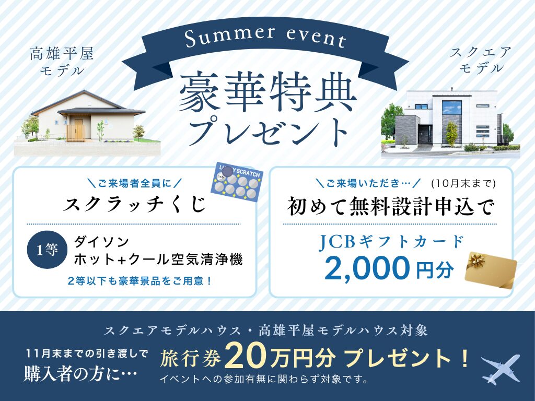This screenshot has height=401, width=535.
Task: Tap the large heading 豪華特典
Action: (x=267, y=92)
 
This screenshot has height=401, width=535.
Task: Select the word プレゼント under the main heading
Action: (x=268, y=131)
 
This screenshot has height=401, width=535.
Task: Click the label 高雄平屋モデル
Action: (x=62, y=62)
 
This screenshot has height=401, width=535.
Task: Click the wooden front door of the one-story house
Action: (x=79, y=129)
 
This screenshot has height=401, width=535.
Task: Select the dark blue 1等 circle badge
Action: (x=48, y=250)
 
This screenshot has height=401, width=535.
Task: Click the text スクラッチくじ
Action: (x=135, y=204)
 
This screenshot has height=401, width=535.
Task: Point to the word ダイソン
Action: (x=101, y=242)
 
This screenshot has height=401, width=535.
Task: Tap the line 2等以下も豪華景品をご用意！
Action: (x=140, y=281)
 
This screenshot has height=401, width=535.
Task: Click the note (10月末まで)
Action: (x=463, y=183)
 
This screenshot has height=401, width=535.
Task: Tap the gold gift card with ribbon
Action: (x=491, y=270)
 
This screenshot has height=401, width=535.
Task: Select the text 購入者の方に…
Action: (x=80, y=373)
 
